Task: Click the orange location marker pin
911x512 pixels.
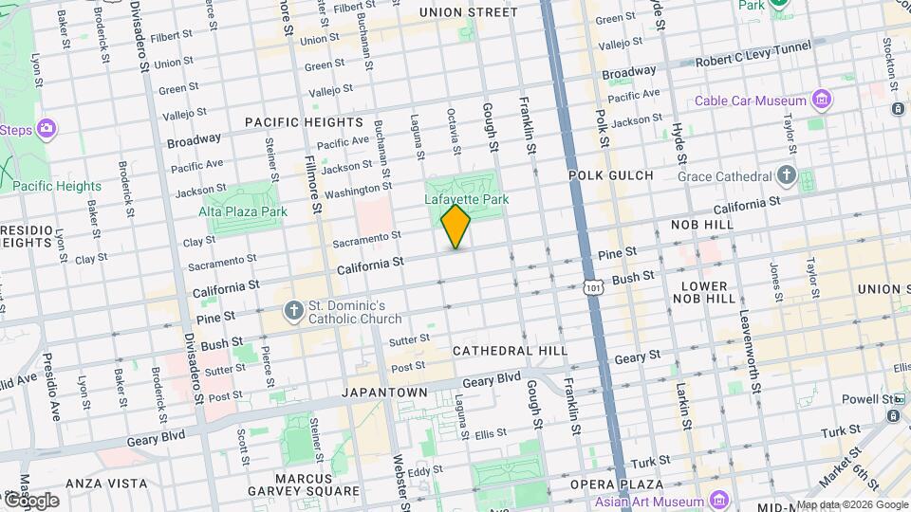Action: pos(455,227)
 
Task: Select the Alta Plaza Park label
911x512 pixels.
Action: pos(250,211)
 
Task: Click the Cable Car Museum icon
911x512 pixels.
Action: pos(822,101)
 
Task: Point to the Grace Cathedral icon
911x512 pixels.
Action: pos(786,175)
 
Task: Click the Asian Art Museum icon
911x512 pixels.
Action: pos(717,500)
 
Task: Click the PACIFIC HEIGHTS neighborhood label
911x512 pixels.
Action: pos(304,122)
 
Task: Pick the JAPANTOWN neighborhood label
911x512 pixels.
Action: pos(381,392)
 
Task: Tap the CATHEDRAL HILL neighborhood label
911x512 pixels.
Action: pos(510,351)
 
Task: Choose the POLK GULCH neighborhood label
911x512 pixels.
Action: pos(611,175)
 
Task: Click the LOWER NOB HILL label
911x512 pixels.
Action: pos(703,291)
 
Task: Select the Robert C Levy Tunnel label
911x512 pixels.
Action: pos(753,47)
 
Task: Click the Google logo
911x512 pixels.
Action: pos(30,500)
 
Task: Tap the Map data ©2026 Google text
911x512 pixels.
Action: pos(852,505)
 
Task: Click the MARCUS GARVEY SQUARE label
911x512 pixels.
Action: pos(318,485)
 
